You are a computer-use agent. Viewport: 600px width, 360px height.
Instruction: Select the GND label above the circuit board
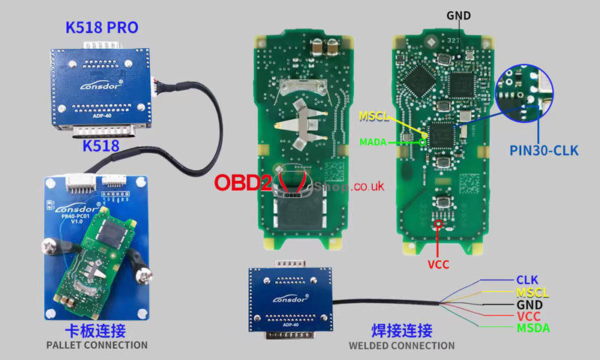click(x=458, y=15)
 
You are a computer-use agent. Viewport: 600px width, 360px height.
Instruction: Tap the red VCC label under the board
click(x=439, y=265)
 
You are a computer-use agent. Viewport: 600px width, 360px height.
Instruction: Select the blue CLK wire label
click(x=526, y=280)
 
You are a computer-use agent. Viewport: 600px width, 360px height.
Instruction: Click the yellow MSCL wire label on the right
click(x=532, y=292)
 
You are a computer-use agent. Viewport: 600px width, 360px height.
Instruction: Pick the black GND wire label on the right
click(x=529, y=304)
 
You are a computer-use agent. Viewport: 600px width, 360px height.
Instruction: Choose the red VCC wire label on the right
click(x=528, y=316)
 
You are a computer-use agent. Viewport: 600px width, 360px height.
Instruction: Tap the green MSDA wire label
click(x=532, y=328)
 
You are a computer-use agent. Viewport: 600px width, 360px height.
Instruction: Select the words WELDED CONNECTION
click(x=401, y=346)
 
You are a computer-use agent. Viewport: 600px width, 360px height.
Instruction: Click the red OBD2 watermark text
click(x=243, y=183)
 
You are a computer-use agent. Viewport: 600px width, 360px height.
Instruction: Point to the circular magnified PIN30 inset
click(x=523, y=96)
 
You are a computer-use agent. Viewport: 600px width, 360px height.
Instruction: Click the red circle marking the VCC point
click(x=439, y=223)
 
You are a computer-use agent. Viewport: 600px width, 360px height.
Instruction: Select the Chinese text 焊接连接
click(x=402, y=331)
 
